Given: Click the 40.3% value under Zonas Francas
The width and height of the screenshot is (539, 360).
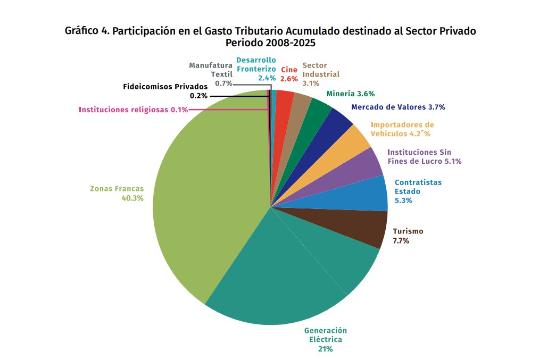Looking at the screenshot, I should coord(132,198).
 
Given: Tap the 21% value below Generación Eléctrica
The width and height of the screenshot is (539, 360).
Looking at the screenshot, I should coord(325,349).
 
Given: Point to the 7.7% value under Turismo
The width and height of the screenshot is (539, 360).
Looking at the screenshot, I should coord(401,241).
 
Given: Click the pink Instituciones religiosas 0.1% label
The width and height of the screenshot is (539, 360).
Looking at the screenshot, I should coord(133,110).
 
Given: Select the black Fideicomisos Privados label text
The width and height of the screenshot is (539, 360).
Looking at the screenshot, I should coord(165,87).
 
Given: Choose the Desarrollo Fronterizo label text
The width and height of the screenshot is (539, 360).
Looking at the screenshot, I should coord(256,64).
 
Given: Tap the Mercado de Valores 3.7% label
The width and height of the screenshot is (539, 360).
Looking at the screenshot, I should coord(398,107).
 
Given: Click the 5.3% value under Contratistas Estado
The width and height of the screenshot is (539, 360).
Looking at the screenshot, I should coord(403,200).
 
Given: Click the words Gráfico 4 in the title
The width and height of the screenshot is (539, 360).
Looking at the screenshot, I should coord(87,30).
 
